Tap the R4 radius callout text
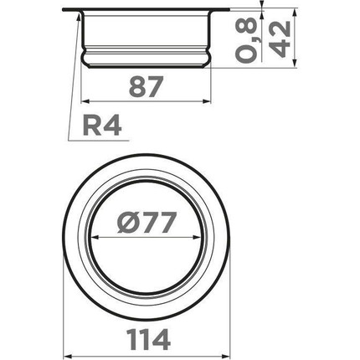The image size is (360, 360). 102,126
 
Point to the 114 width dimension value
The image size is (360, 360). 148,339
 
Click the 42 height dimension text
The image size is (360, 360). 281,39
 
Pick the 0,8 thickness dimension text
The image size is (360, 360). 246,39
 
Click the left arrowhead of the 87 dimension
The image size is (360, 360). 85,101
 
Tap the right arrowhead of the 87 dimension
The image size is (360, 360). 207,101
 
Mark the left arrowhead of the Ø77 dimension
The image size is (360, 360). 95,238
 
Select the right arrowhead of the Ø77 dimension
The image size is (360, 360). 197,238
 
